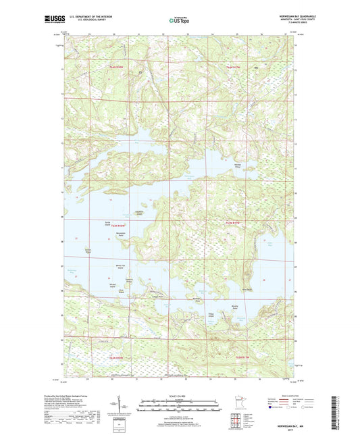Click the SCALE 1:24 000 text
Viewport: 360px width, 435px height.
coord(179,396)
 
